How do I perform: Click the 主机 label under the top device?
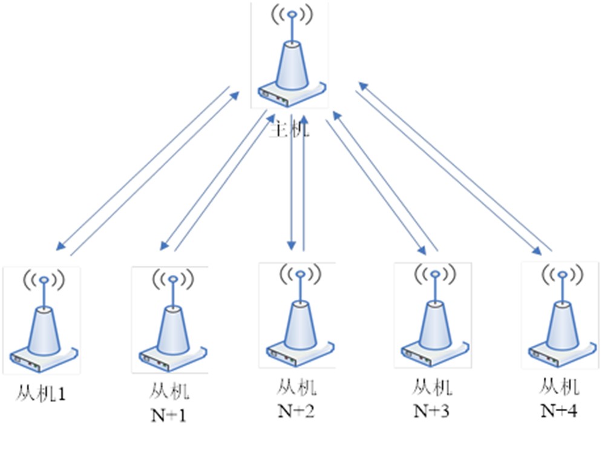click(289, 128)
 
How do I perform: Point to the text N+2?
click(296, 411)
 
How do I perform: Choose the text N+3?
click(431, 411)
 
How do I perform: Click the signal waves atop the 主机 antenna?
click(292, 15)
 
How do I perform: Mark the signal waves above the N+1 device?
click(172, 280)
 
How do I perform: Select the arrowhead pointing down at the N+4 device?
click(537, 251)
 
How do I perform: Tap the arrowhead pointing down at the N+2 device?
click(292, 245)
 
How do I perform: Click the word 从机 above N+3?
click(431, 386)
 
